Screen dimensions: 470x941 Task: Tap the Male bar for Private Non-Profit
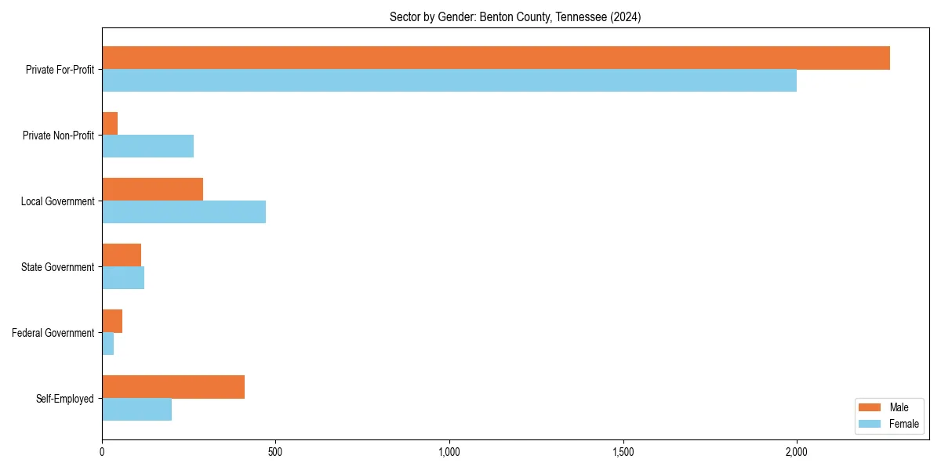point(110,124)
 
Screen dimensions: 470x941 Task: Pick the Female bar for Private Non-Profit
point(147,146)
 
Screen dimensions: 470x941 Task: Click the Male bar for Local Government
point(152,190)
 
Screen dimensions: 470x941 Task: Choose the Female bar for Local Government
point(183,212)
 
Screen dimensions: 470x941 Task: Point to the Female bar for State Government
point(123,278)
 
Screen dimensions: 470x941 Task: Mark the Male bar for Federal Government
point(112,321)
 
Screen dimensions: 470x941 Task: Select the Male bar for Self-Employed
point(173,387)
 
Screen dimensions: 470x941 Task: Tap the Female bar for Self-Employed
point(136,410)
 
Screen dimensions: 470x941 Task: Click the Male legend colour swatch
point(870,407)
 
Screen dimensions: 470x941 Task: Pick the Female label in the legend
point(904,424)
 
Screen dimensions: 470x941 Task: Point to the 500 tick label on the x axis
point(275,452)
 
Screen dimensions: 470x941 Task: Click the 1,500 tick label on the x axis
point(623,452)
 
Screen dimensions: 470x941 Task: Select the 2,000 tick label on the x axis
point(797,452)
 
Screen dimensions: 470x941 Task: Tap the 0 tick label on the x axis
point(102,452)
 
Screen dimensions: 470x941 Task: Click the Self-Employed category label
point(65,399)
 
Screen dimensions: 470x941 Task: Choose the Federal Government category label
point(53,333)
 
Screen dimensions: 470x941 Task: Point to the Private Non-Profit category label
point(58,136)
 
